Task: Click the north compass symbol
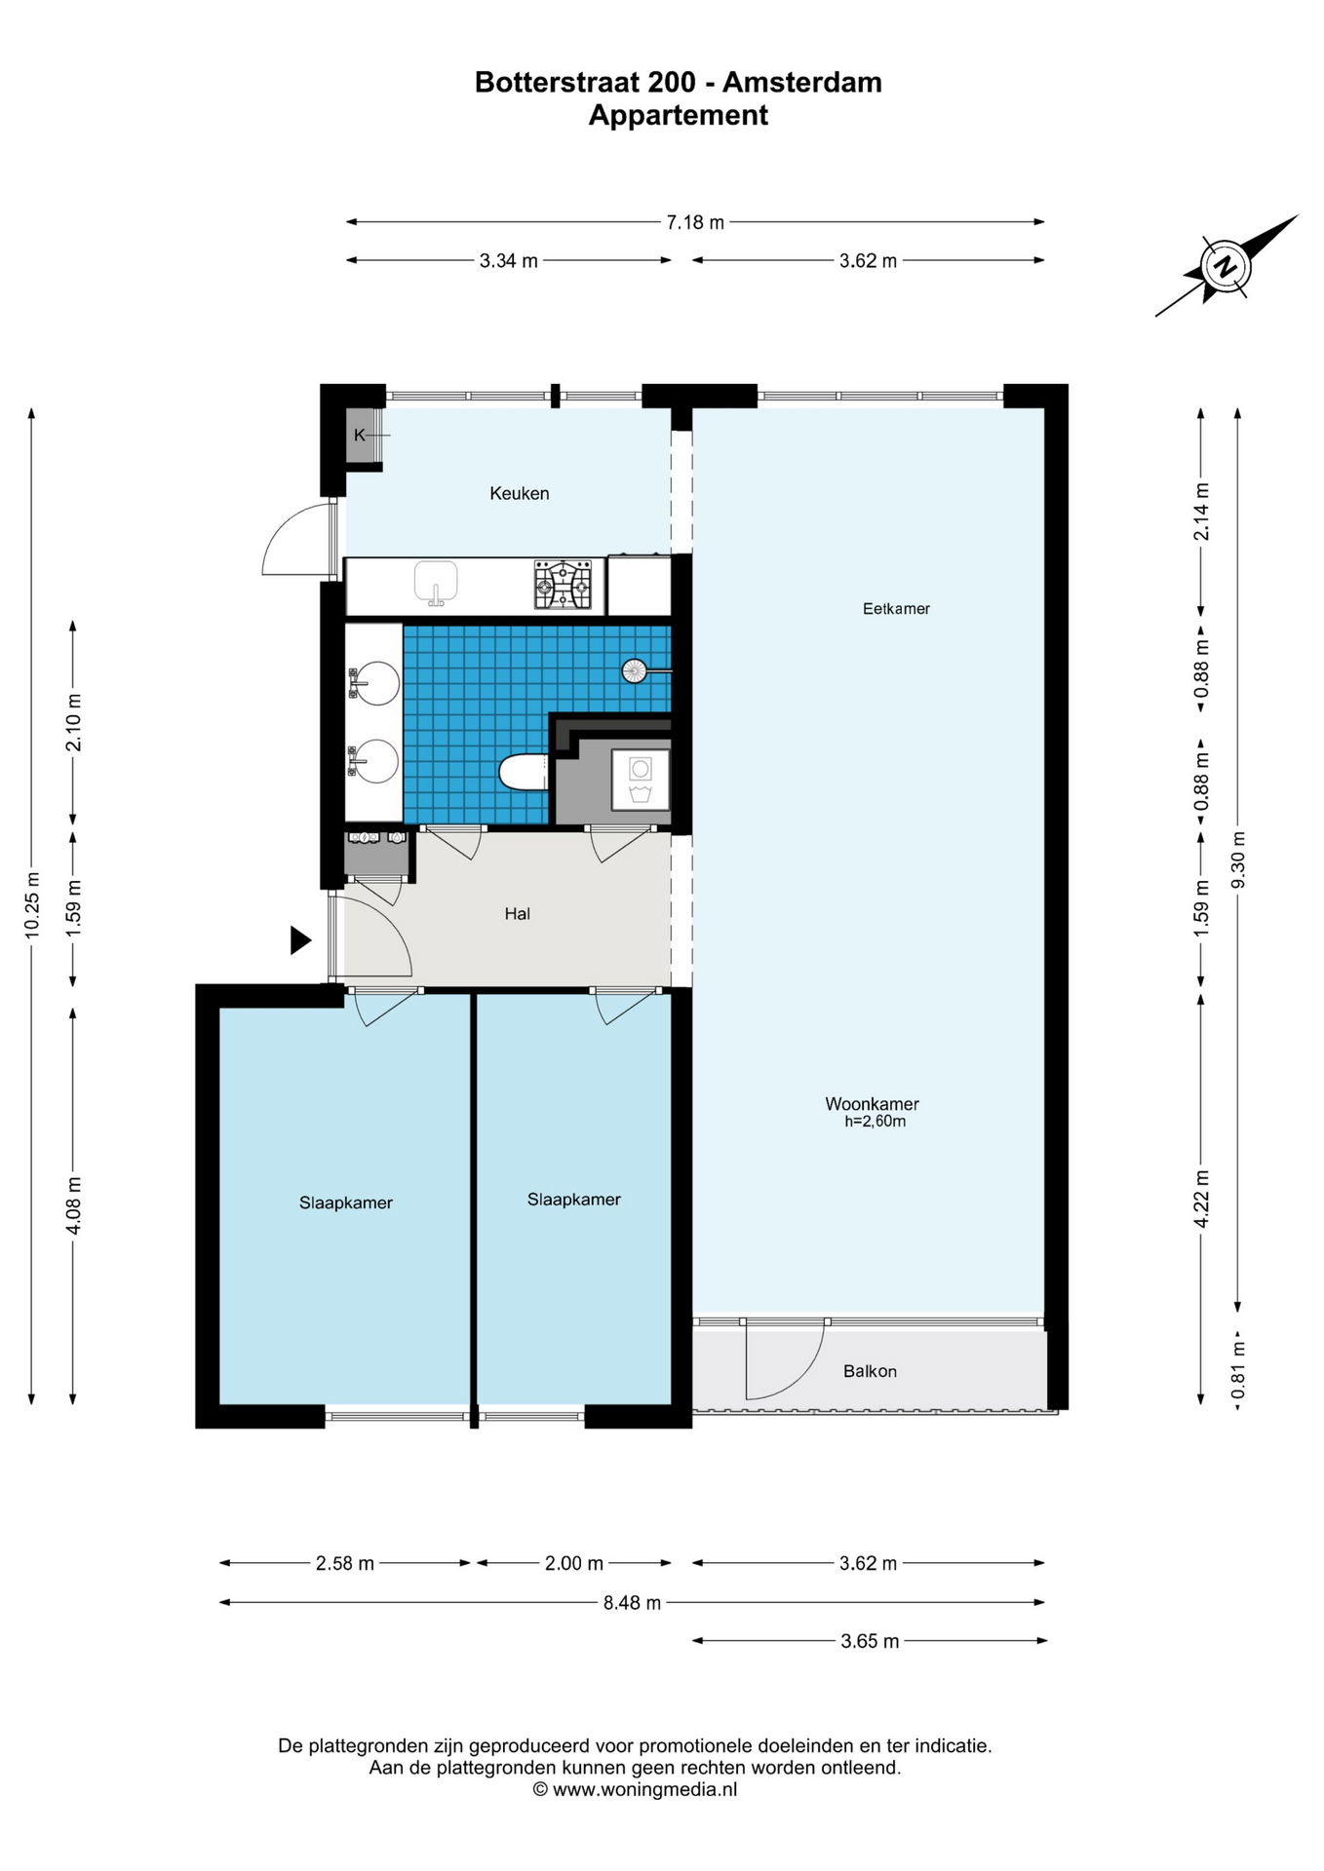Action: (x=1225, y=266)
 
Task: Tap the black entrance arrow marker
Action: (x=300, y=940)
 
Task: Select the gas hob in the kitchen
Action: (x=563, y=585)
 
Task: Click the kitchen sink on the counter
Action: (x=436, y=583)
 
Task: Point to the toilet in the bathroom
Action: (x=524, y=773)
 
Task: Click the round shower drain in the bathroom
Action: (x=635, y=670)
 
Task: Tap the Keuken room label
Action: (x=520, y=493)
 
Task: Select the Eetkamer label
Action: (x=896, y=609)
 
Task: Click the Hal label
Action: (x=518, y=914)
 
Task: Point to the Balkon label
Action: (x=870, y=1371)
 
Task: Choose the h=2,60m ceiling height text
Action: (x=876, y=1122)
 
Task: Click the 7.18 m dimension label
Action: (x=695, y=222)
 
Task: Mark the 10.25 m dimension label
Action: (x=32, y=903)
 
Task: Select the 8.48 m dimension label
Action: (x=632, y=1602)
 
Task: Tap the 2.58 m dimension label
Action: (x=345, y=1563)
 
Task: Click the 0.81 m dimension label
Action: (x=1238, y=1370)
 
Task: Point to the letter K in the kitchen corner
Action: (x=360, y=436)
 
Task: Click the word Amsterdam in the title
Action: (x=802, y=83)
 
